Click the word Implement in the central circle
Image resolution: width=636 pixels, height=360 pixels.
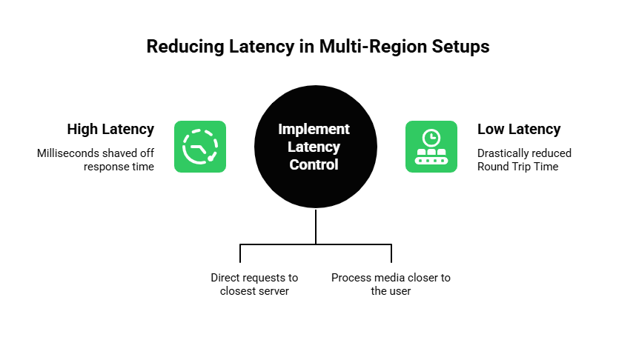tap(314, 129)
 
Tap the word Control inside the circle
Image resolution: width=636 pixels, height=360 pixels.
tap(314, 164)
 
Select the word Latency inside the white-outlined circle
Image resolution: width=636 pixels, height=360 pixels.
tap(314, 147)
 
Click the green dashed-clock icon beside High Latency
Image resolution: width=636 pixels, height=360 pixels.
tap(200, 147)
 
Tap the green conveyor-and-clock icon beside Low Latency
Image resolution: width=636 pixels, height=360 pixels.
tap(431, 147)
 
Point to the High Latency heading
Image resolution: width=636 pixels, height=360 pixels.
tap(110, 130)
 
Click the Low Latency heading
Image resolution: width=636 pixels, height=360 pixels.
tap(519, 130)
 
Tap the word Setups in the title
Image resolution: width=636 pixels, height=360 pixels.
tap(463, 47)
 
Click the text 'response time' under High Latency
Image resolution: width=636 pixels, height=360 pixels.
tap(119, 167)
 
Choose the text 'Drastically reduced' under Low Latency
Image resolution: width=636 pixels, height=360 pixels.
tap(525, 153)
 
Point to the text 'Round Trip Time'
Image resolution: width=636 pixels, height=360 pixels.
tap(517, 167)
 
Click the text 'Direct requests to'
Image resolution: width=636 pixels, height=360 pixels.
tap(254, 278)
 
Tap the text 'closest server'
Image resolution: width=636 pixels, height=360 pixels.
tap(254, 291)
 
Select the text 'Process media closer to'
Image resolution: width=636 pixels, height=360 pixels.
tap(391, 278)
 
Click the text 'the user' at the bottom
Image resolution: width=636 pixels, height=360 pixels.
tap(391, 291)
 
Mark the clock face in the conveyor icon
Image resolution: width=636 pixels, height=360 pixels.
tap(431, 138)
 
